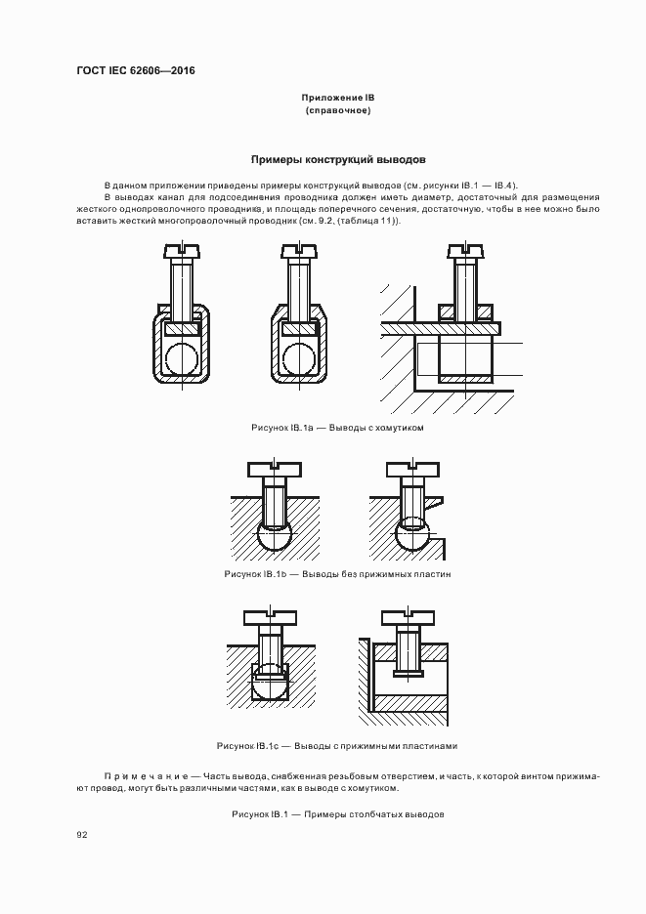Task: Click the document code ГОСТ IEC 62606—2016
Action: pos(136,70)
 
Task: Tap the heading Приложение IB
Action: pos(337,99)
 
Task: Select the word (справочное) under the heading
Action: pos(337,111)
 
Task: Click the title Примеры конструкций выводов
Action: pos(337,159)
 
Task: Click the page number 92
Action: pos(82,834)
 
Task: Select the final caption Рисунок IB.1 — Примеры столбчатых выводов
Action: pos(337,813)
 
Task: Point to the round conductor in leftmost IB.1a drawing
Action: pos(183,358)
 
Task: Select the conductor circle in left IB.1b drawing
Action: pos(275,537)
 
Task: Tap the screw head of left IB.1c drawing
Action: pos(269,616)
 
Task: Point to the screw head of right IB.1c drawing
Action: pos(409,616)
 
